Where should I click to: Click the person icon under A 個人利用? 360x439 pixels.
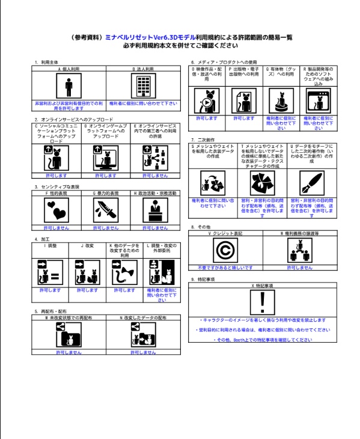pos(69,86)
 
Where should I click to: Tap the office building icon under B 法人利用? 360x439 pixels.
pos(144,86)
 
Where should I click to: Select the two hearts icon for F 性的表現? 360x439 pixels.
pos(56,210)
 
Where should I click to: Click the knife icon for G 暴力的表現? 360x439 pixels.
pos(106,210)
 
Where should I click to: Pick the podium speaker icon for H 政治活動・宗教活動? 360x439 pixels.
pos(155,210)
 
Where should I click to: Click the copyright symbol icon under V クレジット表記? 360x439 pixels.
pos(225,250)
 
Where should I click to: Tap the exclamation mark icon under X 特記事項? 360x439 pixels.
pos(263,302)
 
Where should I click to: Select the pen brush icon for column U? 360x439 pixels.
pos(312,183)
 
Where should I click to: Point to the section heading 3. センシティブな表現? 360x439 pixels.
pos(56,187)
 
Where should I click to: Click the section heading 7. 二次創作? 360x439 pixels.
pos(203,140)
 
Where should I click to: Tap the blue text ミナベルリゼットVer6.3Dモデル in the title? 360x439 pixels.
pos(150,37)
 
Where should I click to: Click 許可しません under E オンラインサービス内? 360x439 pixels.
pos(155,176)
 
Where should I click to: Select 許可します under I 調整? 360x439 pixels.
pos(50,290)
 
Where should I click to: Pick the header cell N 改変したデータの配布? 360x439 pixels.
pos(143,318)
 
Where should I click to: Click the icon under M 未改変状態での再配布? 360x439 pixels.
pos(69,334)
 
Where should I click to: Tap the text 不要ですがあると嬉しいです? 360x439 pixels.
pos(225,268)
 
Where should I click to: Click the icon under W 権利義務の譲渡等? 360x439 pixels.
pos(300,250)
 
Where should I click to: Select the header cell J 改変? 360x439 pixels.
pos(87,246)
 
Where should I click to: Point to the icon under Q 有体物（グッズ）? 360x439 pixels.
pos(281,101)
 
